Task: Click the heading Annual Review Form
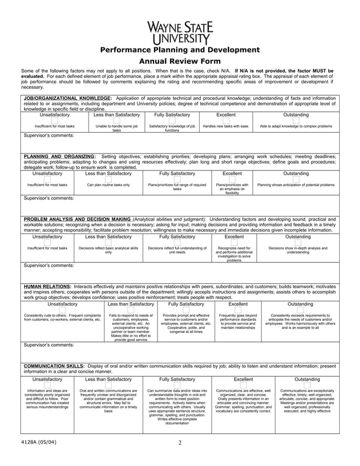(x=179, y=61)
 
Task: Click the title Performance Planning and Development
(x=179, y=50)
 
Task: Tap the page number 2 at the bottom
(x=179, y=442)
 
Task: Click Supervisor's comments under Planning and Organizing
(x=48, y=198)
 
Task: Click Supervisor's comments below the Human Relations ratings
(x=48, y=344)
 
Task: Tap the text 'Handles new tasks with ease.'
(x=226, y=127)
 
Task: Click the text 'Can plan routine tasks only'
(x=108, y=185)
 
